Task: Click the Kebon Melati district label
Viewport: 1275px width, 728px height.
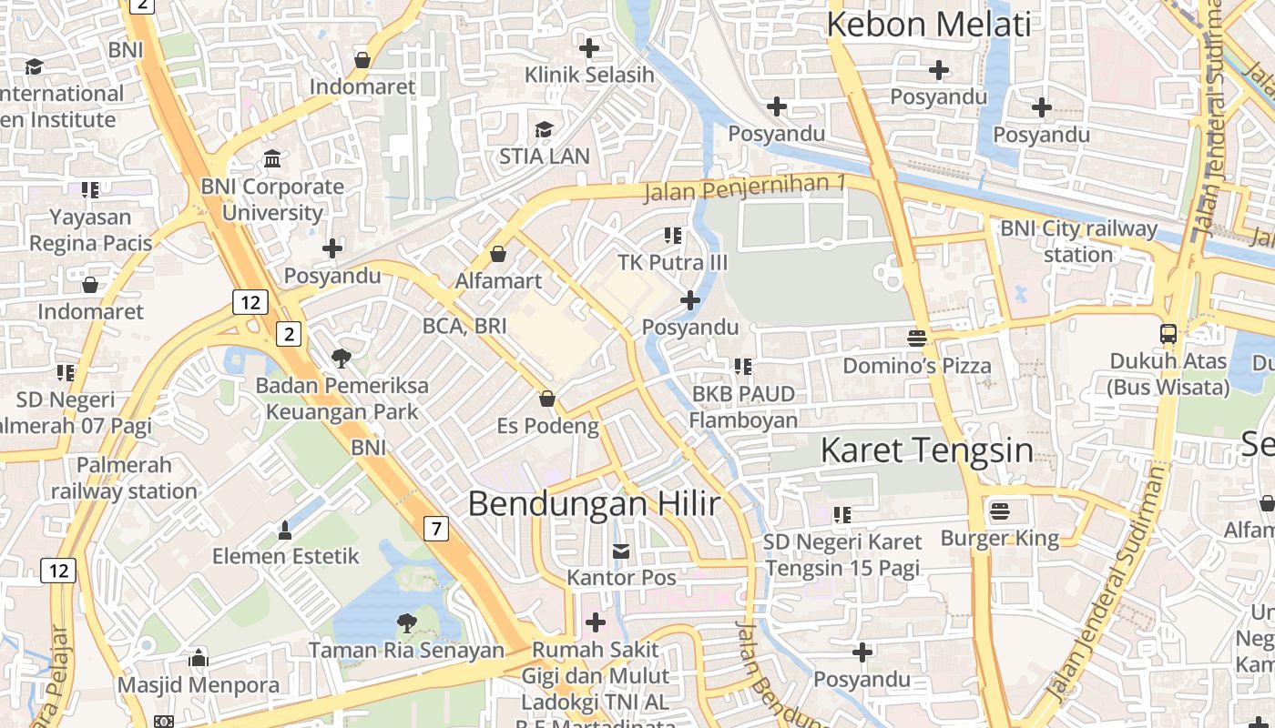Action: (928, 25)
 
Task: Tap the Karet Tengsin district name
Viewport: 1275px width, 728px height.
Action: (927, 450)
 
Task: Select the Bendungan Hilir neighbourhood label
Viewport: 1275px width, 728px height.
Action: (594, 504)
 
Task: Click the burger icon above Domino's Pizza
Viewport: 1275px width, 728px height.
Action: (917, 339)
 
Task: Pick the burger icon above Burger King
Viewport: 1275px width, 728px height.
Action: (1000, 511)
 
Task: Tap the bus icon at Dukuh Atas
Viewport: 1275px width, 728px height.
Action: (1168, 334)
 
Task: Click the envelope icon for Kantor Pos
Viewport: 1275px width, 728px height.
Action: (621, 551)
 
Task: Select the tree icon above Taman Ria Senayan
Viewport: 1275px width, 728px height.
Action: (406, 623)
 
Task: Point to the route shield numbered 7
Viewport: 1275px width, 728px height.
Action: (437, 528)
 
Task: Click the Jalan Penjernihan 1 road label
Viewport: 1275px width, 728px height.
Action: (745, 188)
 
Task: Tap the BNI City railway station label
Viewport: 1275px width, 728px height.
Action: (1078, 241)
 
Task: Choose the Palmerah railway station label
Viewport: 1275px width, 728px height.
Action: (124, 478)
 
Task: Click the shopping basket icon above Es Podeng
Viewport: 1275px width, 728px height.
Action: (547, 399)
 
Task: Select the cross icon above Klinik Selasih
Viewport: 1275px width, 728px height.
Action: (589, 47)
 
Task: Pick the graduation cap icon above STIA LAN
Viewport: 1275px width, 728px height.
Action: (544, 129)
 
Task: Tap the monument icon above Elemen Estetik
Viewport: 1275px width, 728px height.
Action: (285, 530)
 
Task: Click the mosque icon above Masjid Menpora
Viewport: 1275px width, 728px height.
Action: (199, 658)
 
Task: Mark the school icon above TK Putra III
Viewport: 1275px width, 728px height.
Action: (673, 236)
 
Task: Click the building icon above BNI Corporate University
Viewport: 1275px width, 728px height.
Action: (272, 159)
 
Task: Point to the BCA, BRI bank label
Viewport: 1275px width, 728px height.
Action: (464, 326)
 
